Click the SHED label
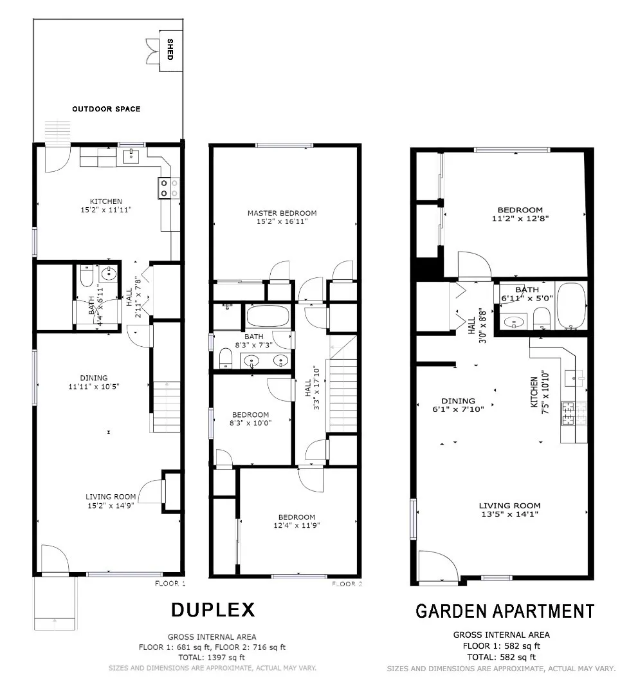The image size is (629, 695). tap(170, 50)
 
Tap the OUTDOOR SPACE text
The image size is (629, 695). tap(106, 109)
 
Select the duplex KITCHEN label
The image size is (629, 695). tap(105, 201)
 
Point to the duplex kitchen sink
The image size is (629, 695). tap(131, 155)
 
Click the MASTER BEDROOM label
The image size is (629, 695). tap(282, 213)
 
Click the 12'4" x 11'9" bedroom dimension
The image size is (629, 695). tap(296, 525)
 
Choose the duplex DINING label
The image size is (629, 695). tap(95, 378)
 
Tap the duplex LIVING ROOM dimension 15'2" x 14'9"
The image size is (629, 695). tap(111, 505)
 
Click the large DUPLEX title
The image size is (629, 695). tap(213, 609)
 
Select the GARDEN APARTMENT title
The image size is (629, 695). tap(505, 611)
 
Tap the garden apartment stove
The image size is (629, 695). tap(569, 414)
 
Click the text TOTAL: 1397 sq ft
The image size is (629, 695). tap(212, 657)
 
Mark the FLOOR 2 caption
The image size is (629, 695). tap(347, 584)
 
